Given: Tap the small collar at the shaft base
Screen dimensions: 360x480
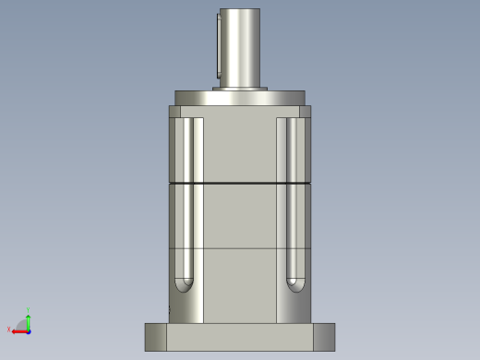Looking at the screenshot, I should tap(240, 89).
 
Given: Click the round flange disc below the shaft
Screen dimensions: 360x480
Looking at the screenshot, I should tap(240, 98).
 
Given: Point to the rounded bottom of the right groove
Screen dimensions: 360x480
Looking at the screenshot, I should tap(294, 285).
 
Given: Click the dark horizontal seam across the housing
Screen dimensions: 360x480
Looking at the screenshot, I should tap(240, 185).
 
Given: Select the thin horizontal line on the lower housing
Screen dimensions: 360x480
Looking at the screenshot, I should tap(240, 247).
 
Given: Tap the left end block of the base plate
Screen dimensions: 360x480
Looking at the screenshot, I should tap(156, 337).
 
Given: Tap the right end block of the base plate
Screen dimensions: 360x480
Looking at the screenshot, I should tap(324, 337).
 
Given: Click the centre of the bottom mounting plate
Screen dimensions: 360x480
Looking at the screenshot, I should tap(240, 337).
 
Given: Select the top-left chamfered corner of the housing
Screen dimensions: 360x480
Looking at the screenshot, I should tap(174, 112).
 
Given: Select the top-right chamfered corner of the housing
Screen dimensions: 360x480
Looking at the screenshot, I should tap(305, 112).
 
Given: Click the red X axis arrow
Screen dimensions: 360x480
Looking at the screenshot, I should tap(18, 330).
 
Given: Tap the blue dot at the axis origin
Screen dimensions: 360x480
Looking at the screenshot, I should tap(28, 330).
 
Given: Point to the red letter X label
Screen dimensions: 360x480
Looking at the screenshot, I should tap(9, 330).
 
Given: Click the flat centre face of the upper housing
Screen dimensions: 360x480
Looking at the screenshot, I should tap(240, 148).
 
